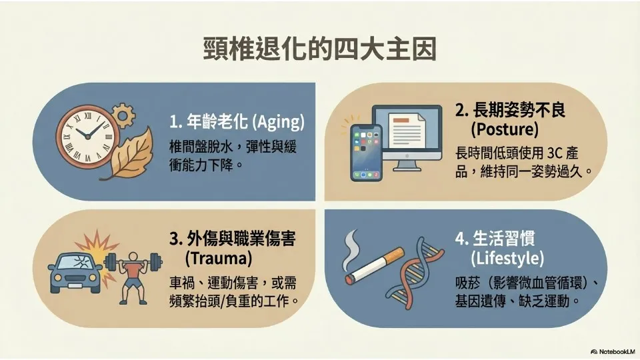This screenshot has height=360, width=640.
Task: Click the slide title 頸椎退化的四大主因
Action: tap(320, 49)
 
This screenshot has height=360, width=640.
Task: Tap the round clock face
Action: tap(87, 136)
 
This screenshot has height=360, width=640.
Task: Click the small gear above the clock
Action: tap(123, 115)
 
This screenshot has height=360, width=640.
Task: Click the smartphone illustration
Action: tap(366, 152)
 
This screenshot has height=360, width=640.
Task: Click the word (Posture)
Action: tap(505, 129)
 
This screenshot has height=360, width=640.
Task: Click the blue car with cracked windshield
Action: tap(75, 272)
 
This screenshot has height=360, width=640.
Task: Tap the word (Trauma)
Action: tap(219, 258)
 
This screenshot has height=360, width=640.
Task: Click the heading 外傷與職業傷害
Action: tap(241, 239)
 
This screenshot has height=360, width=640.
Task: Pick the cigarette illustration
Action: tap(374, 265)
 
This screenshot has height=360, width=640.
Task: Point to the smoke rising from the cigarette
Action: tap(351, 251)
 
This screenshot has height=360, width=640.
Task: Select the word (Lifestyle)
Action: tap(507, 258)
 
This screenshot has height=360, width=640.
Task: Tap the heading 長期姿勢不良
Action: tap(519, 110)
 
